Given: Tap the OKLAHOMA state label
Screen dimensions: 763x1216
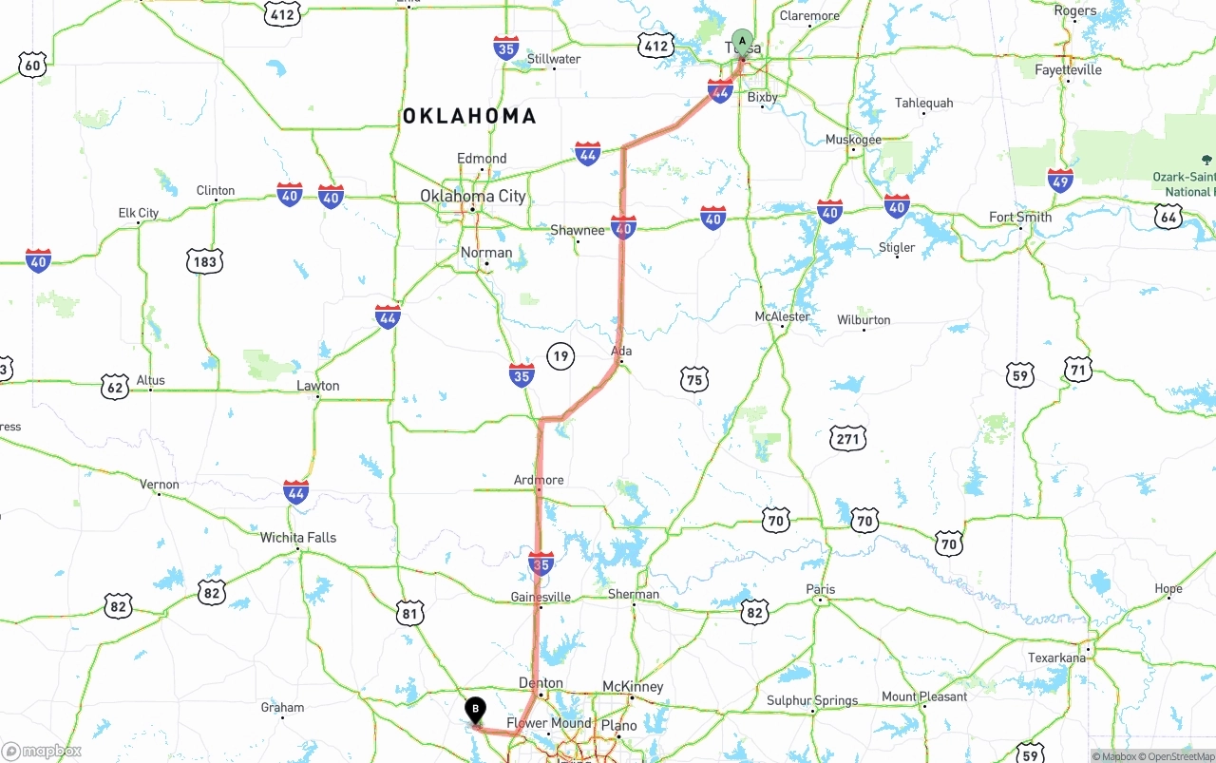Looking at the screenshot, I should tap(469, 116).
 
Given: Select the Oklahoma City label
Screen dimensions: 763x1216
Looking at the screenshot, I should tap(472, 197).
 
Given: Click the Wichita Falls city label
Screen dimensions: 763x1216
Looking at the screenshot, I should tap(298, 538).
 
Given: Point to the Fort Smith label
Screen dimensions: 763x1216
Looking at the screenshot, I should tap(1020, 217).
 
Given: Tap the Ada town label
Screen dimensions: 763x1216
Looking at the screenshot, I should tap(621, 352).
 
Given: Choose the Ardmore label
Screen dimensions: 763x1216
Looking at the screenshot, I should tap(539, 480).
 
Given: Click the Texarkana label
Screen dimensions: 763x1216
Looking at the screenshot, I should tap(1056, 658).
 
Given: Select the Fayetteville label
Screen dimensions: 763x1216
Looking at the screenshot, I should tap(1068, 70).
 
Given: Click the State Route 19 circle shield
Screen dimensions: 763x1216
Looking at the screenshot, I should tap(560, 356).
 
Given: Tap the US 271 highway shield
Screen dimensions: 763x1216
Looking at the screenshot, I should tap(847, 438).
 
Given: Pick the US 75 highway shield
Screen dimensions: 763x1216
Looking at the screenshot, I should tap(694, 380).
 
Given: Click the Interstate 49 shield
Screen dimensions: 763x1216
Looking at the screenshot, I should tap(1060, 180).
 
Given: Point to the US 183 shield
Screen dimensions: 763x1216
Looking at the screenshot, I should tap(204, 261).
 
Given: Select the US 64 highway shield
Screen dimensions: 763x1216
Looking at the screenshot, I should tap(1168, 217).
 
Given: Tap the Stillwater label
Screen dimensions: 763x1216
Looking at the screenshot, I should tap(554, 59).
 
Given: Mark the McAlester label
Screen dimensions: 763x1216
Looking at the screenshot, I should tap(782, 316).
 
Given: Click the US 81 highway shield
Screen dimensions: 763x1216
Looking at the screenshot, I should tap(409, 613).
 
